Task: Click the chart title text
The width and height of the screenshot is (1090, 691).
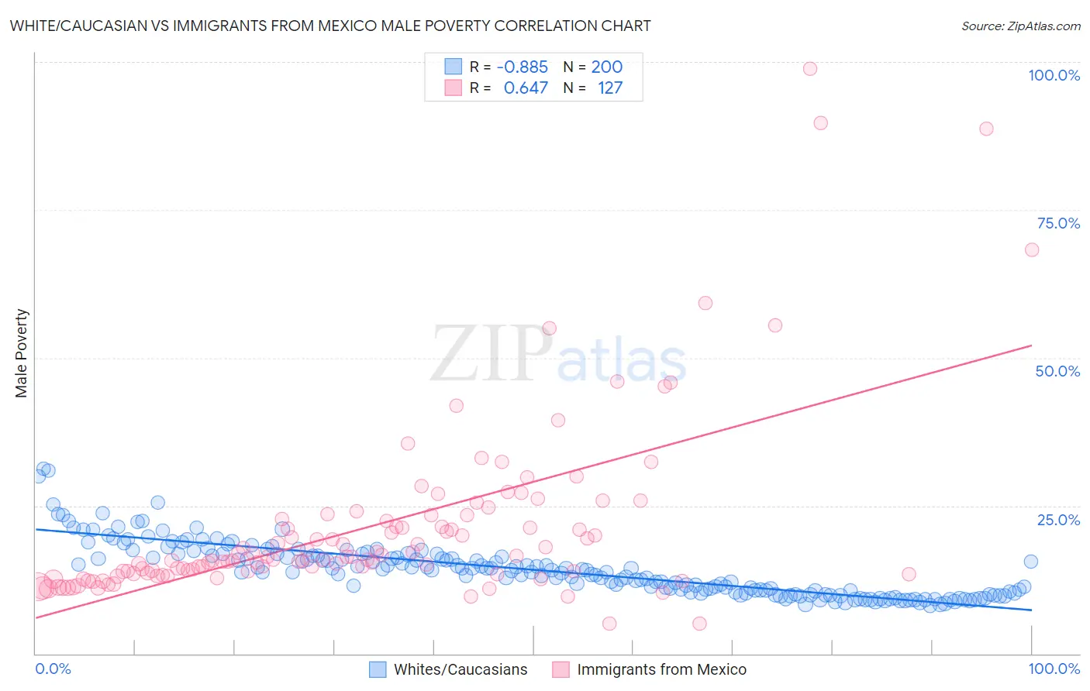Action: coord(330,26)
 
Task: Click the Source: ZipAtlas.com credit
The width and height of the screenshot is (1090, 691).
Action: coord(1020,26)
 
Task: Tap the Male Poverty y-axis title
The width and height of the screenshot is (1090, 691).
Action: coord(22,353)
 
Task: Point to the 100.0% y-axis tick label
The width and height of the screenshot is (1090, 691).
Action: coord(1054,75)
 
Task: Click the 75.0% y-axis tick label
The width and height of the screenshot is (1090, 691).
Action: coord(1058,223)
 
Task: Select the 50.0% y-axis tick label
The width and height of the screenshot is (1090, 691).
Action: coord(1057,371)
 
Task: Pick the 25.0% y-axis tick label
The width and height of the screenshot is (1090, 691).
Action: coord(1058,520)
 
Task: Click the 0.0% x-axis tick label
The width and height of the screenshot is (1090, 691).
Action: coord(53,669)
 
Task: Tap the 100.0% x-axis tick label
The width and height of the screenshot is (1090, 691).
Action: coord(1054,669)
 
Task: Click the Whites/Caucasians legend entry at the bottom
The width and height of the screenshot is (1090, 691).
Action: coord(460,669)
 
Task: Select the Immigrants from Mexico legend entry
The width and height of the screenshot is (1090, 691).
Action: coord(661,669)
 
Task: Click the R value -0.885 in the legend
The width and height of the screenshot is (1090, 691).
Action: coord(522,67)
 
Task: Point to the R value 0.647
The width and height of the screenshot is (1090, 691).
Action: coord(526,88)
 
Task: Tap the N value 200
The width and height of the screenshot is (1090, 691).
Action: coord(606,67)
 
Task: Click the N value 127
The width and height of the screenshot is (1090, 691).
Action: coord(609,88)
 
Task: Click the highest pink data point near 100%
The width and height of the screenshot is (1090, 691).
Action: coord(810,68)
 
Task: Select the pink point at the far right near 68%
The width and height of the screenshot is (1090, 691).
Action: coord(1032,249)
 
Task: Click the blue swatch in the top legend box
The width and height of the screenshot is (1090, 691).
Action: coord(453,67)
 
